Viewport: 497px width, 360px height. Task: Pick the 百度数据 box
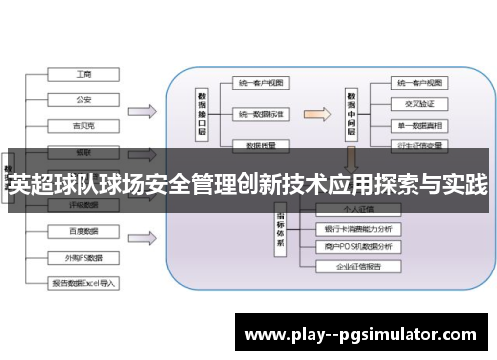83,231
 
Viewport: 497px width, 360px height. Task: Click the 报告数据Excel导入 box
83,282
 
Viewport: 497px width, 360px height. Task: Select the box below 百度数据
83,257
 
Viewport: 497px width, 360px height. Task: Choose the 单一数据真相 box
419,124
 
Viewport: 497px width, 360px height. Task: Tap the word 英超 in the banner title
27,183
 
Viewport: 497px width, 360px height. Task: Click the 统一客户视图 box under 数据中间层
419,81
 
